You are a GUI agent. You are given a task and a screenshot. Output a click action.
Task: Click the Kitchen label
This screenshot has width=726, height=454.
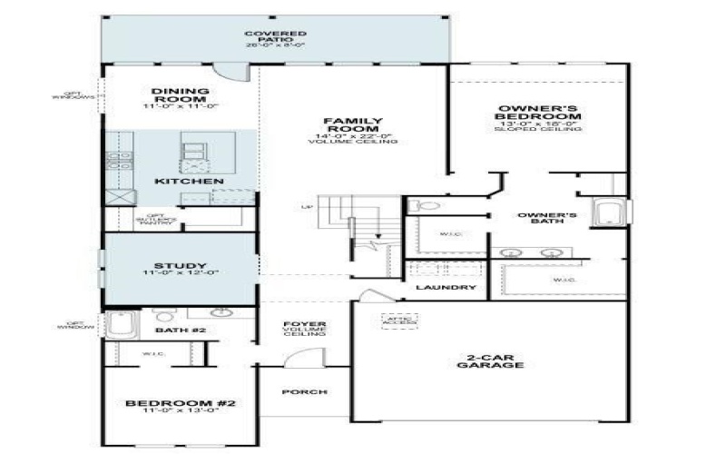[x=189, y=182]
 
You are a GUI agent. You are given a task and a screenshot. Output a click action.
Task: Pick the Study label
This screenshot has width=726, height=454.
[x=181, y=268]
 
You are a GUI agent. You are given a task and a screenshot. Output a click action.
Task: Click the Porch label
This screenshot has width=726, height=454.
[x=305, y=392]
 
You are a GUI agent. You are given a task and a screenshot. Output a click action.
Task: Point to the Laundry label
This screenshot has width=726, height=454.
[x=446, y=288]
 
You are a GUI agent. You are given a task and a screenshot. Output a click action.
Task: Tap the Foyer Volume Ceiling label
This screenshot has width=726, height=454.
[x=305, y=328]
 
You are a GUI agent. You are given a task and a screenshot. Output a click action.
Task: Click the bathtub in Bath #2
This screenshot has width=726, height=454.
[x=119, y=324]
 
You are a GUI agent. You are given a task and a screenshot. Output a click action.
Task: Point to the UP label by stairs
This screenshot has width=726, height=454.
[x=306, y=207]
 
